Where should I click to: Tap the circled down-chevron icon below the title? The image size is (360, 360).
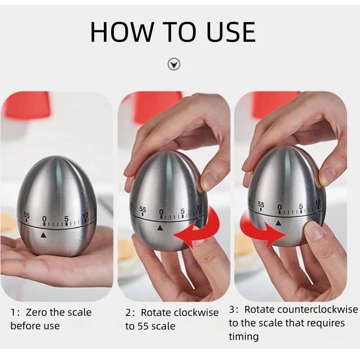pos(174,64)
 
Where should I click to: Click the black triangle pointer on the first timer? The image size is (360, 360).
pos(44,234)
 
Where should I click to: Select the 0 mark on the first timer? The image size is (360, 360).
pos(44,219)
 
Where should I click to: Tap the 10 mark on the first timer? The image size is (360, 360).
pos(85,216)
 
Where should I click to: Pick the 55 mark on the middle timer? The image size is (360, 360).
pos(143,209)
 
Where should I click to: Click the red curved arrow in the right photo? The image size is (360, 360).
pos(263,230)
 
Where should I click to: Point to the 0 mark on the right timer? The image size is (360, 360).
pos(279,207)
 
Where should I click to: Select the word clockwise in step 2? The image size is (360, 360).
pos(195,312)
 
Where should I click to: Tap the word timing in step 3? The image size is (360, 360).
pos(243,337)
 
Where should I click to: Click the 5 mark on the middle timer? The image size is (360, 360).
pos(182,211)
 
